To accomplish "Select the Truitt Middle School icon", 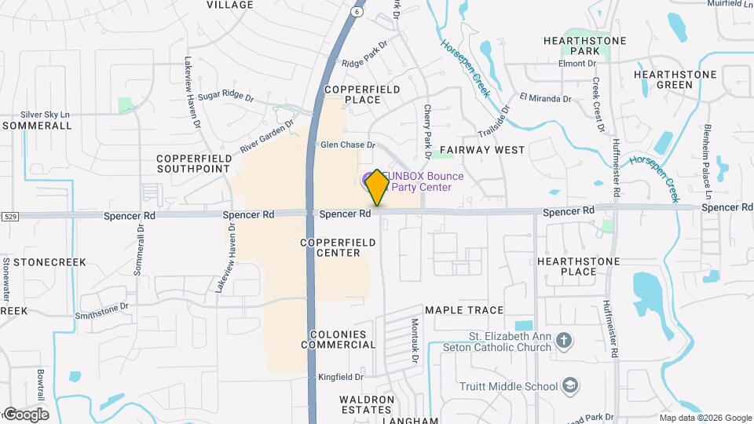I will coord(570,386).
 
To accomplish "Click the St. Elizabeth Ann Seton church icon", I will coord(562,341).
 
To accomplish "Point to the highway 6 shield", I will coord(357,12).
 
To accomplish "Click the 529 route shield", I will coord(9,215).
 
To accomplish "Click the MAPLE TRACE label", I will coord(464,310).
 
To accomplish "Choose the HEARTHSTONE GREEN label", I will coord(675,79).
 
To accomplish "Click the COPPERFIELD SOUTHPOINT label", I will coord(194,163).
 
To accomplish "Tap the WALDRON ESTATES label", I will coord(366,404).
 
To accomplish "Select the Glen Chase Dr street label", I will coord(348,144).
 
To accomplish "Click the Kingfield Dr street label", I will coord(341,377).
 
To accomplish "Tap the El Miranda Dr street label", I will coord(544,99).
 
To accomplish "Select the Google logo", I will coord(25,414).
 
